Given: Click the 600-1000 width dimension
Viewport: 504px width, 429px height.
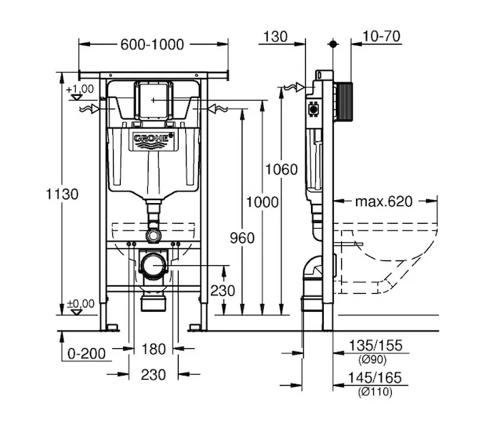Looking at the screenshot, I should tap(152, 44).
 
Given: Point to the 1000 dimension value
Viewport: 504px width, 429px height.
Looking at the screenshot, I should tap(262, 202).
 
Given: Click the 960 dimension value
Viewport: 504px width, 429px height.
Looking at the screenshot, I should tap(243, 238).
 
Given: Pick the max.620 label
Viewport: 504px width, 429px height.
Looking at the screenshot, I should tap(384, 202).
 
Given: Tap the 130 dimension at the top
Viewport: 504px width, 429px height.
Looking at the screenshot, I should tap(275, 36).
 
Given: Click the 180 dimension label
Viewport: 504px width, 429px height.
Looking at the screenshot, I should tap(154, 350).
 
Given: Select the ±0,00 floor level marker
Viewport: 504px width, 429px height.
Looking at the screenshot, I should tap(81, 304).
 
